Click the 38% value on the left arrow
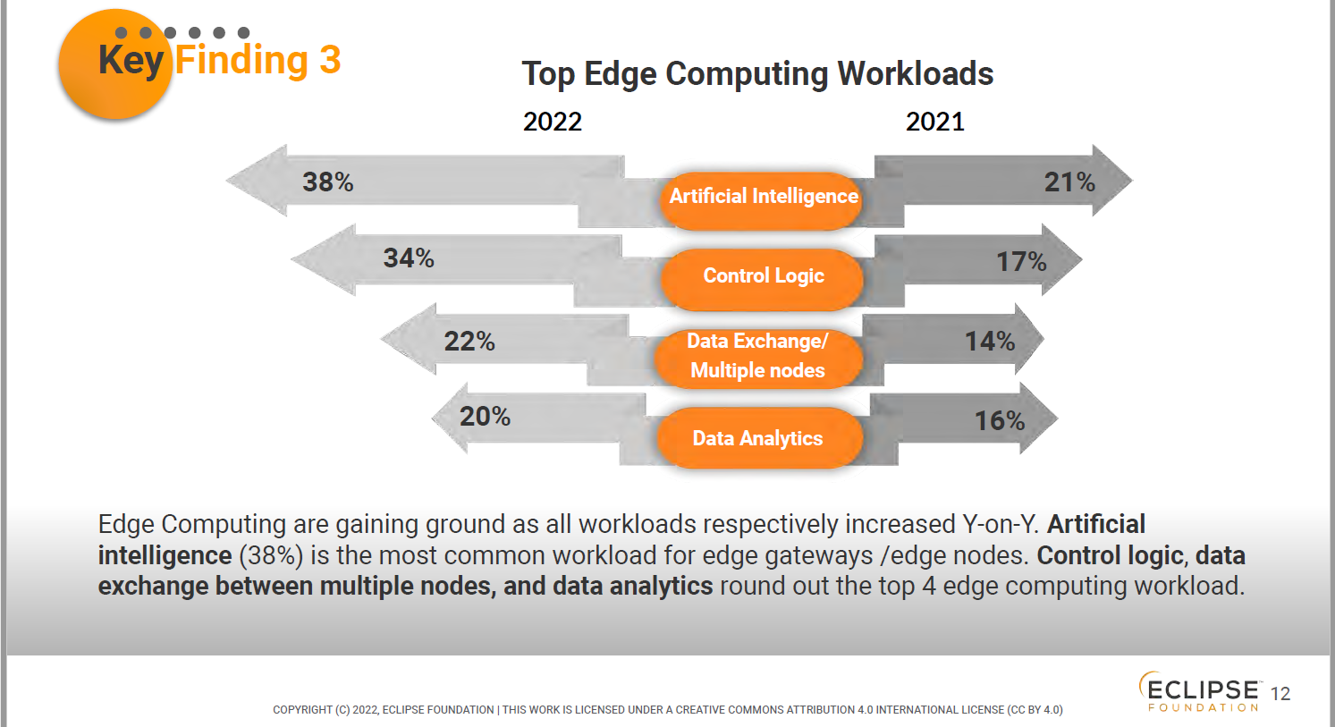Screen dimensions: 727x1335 [x=328, y=182]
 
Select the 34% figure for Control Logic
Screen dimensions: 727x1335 [x=409, y=258]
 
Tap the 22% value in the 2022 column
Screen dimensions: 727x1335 [x=469, y=341]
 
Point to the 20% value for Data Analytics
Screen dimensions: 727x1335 [x=485, y=417]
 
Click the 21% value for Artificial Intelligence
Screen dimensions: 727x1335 [x=1069, y=182]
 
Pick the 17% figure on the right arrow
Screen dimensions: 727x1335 [x=1021, y=262]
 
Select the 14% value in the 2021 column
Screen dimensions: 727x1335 [x=990, y=341]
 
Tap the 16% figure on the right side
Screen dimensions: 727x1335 [x=1000, y=420]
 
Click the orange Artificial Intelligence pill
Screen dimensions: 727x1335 [x=763, y=197]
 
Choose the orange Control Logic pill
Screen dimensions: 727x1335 [x=763, y=276]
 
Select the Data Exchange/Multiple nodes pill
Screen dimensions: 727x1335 [x=758, y=356]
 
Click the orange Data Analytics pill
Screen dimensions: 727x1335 [x=758, y=438]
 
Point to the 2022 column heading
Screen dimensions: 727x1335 [x=553, y=122]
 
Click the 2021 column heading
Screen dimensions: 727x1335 [x=935, y=122]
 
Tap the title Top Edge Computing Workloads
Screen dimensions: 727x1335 [x=757, y=73]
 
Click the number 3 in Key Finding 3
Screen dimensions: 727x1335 [x=330, y=60]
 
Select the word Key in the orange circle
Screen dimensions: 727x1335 [x=131, y=60]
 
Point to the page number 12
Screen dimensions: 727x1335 [x=1280, y=694]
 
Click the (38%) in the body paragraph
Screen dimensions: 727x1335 [x=271, y=555]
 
